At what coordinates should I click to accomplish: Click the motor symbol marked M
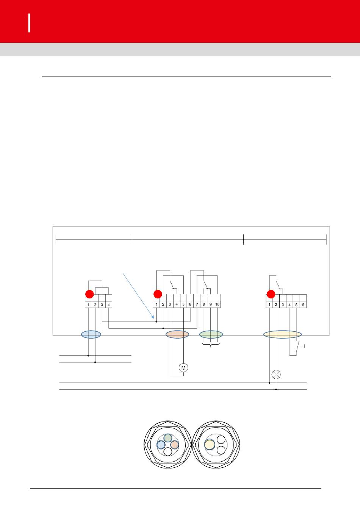(183, 367)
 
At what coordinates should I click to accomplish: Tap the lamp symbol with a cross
(276, 374)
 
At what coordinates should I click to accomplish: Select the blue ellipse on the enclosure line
(91, 334)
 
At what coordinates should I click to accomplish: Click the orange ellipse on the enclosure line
(177, 334)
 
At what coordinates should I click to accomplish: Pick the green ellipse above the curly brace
(211, 334)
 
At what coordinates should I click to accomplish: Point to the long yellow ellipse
(282, 334)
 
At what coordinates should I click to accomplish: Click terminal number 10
(217, 304)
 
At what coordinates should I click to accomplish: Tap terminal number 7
(197, 304)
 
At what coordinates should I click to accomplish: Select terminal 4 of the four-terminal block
(109, 305)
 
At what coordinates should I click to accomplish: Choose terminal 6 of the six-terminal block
(303, 305)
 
